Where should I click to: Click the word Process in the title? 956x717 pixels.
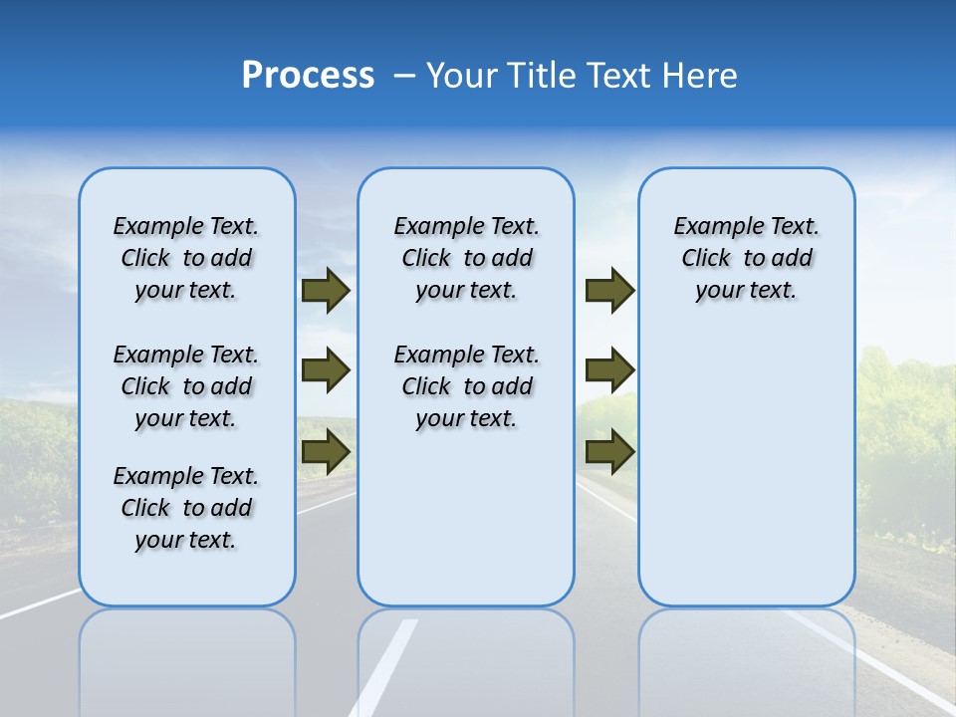point(308,76)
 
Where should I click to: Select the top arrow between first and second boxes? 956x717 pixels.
point(326,291)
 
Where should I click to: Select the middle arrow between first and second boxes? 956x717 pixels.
point(326,370)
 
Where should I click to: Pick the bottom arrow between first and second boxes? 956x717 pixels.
point(326,452)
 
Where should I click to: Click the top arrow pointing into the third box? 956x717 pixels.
point(609,291)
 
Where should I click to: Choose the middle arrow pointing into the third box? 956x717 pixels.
point(609,370)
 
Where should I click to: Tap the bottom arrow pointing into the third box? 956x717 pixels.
point(609,452)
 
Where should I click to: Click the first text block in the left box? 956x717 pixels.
point(186,258)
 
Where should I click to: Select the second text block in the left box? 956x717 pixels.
point(186,386)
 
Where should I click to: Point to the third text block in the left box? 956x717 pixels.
point(186,508)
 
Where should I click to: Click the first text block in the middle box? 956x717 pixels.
point(466,258)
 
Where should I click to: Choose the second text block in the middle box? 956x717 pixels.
point(466,386)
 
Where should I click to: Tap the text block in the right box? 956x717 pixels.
point(746,258)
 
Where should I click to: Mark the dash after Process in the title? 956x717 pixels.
point(404,76)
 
